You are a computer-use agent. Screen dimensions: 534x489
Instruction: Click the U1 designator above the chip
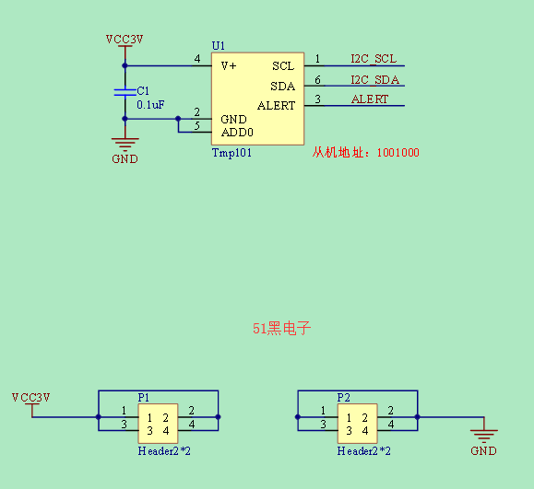(218, 45)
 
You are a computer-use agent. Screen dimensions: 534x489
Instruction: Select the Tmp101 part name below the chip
(231, 153)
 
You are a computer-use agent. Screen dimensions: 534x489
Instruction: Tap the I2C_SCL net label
(374, 59)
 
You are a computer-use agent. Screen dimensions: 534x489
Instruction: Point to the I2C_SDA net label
(375, 79)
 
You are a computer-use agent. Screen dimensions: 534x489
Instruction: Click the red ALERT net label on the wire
(370, 99)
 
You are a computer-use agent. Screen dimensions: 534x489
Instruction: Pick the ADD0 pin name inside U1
(237, 132)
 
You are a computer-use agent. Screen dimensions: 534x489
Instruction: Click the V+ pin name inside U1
(229, 65)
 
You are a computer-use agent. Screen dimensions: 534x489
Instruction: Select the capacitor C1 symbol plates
(125, 92)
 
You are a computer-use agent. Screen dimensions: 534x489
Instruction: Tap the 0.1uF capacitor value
(150, 104)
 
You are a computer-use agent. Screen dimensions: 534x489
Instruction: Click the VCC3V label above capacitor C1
(125, 39)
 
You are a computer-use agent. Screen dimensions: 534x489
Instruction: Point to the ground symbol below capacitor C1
(125, 145)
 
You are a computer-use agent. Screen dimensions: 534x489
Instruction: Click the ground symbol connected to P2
(483, 437)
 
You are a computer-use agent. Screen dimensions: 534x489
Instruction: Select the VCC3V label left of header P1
(31, 397)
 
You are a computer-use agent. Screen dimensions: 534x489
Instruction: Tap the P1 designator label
(143, 397)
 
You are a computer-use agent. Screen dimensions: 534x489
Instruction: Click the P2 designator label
(343, 397)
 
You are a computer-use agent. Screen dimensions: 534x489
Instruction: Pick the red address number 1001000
(398, 152)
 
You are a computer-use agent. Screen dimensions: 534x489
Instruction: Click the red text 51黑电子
(281, 328)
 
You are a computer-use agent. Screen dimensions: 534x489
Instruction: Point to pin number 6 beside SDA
(317, 79)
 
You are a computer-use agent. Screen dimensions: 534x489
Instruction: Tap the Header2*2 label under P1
(164, 451)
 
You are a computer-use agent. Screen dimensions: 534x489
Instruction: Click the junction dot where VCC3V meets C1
(125, 65)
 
